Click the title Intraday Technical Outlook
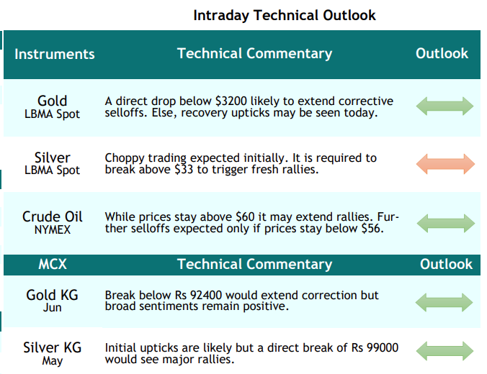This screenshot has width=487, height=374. pos(284,16)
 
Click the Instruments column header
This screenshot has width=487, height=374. pos(54,54)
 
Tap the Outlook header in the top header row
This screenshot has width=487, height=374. pos(442,53)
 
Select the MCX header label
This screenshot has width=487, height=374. pos(53,264)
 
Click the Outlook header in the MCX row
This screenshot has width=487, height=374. pos(446,264)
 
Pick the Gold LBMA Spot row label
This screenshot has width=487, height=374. pos(52,107)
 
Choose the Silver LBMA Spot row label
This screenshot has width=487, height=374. pos(52,163)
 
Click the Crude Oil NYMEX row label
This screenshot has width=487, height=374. pos(52,223)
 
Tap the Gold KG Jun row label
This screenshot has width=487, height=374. pos(52,301)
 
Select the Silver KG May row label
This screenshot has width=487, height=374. pos(52,354)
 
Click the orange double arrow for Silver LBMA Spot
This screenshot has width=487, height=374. pos(445,164)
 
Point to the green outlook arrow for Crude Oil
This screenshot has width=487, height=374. pos(446,223)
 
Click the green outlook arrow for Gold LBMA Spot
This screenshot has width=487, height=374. pos(444,106)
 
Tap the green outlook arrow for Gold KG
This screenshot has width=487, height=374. pos(444,302)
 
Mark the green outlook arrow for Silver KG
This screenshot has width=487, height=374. pos(444,351)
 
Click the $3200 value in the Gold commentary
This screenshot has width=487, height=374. pos(231,101)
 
